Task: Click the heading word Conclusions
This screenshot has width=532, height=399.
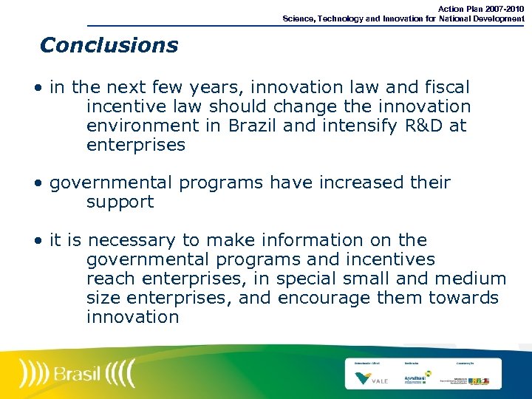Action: coord(109,45)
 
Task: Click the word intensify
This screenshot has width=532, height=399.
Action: coord(357,126)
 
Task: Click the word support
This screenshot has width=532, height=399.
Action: coord(120,202)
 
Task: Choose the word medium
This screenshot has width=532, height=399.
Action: coord(471,279)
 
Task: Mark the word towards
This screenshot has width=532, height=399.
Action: coord(463,298)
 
